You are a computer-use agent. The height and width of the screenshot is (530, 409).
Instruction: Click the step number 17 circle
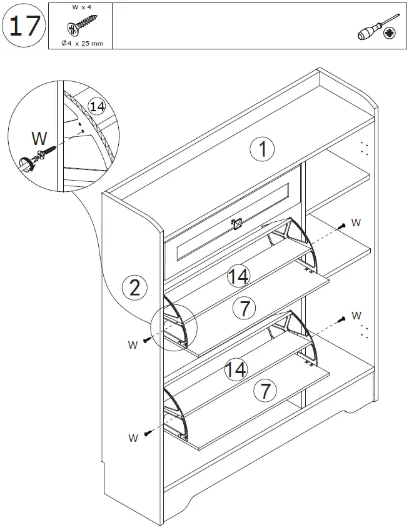coord(24,26)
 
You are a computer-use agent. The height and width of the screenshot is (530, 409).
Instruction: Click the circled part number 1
coord(263,149)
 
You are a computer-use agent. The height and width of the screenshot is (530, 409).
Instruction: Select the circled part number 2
coord(134,287)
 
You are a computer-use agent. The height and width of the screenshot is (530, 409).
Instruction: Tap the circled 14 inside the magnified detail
coord(96,106)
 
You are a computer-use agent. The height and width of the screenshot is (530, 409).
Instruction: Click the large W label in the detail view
coord(39,137)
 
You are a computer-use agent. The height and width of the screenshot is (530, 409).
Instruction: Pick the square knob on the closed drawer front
coord(236,222)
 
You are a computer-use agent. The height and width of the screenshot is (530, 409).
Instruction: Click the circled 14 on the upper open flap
coord(238,276)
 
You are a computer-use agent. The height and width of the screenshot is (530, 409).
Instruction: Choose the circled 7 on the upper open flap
coord(244,307)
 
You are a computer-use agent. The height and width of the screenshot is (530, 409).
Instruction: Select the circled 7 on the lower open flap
coord(266,392)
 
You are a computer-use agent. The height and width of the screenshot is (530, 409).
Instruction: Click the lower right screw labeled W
coord(341,320)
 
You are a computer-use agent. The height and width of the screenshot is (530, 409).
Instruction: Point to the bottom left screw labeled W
coord(148,433)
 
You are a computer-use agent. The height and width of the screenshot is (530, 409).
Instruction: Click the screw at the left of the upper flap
coord(148,339)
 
